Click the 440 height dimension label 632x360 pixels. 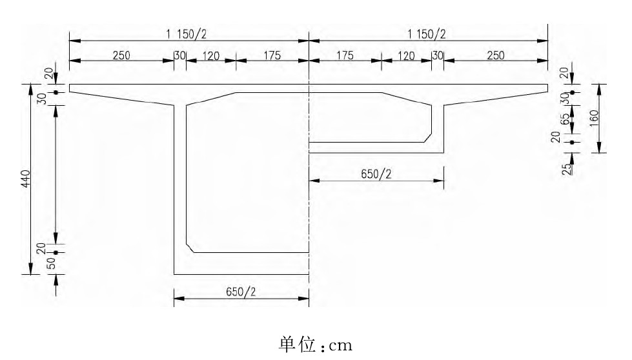[x=25, y=179]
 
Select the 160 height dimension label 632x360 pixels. [x=595, y=117]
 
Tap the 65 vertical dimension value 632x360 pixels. [x=566, y=119]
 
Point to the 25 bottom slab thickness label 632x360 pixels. [x=566, y=170]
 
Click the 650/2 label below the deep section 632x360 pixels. [x=241, y=292]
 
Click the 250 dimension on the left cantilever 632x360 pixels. [x=121, y=55]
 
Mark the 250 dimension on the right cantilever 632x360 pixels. [x=495, y=55]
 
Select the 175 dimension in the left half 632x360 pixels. [x=272, y=55]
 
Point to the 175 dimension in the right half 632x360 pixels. [x=345, y=55]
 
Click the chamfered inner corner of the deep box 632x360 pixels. [x=190, y=248]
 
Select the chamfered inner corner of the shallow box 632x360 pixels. [x=427, y=137]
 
